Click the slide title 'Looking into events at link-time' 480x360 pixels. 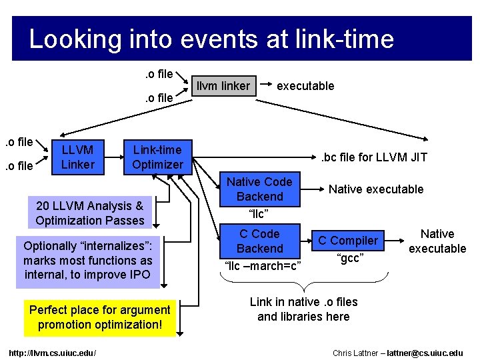click(x=211, y=39)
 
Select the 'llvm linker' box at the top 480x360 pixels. click(x=223, y=85)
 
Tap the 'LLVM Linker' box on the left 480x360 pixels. click(x=77, y=157)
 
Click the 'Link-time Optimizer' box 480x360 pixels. click(x=157, y=157)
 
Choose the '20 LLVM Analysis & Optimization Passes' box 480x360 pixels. click(x=90, y=213)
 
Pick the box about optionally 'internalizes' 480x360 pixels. click(x=87, y=261)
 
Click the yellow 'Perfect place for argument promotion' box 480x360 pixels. click(x=100, y=317)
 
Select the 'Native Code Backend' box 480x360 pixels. click(x=259, y=189)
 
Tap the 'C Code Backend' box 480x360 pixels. click(x=259, y=241)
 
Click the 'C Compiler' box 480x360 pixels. click(x=347, y=240)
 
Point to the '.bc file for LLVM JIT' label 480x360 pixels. click(x=374, y=157)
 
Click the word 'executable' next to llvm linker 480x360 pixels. click(x=305, y=85)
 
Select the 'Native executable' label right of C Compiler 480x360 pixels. click(x=437, y=241)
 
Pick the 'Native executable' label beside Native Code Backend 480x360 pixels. click(x=376, y=189)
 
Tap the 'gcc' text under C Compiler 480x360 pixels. click(x=349, y=258)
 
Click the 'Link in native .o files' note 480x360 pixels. click(x=303, y=309)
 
